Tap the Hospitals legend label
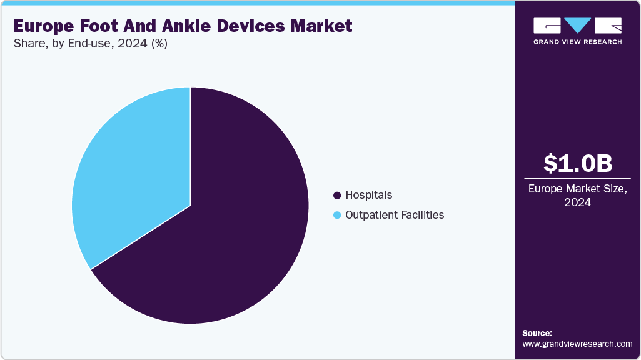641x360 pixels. tap(368, 195)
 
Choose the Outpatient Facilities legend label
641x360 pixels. tap(395, 215)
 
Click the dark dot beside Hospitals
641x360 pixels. tap(338, 196)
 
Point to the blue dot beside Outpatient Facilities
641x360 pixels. tap(338, 216)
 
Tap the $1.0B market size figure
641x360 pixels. tap(577, 163)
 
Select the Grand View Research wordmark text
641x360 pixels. tap(577, 42)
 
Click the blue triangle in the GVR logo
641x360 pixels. tap(578, 26)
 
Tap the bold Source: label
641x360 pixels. tap(537, 333)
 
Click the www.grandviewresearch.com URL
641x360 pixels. tap(577, 344)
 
